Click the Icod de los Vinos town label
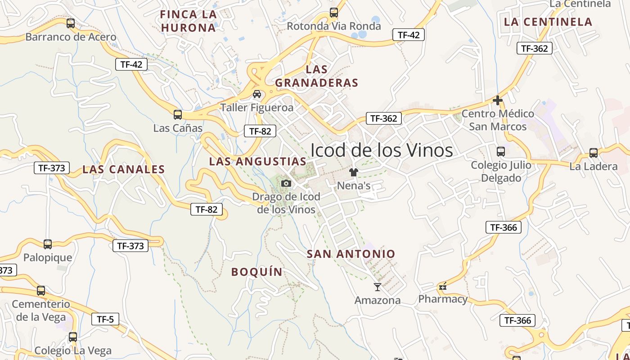click(382, 150)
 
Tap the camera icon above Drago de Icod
click(286, 183)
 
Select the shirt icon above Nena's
click(354, 172)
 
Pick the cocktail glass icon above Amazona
click(378, 287)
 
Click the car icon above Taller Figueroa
click(257, 94)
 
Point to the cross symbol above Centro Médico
click(498, 100)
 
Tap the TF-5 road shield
click(105, 319)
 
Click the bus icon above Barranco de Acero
click(71, 23)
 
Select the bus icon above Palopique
click(48, 244)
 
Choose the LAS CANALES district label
click(124, 170)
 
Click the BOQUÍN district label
click(257, 272)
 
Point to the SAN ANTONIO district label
click(351, 254)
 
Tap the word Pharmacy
click(443, 299)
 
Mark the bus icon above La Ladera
click(594, 153)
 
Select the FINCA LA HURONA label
click(189, 21)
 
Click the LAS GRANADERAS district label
click(317, 76)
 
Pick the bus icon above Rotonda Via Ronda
click(334, 13)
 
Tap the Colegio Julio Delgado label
click(501, 171)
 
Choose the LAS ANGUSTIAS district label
click(258, 161)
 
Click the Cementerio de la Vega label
click(41, 310)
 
